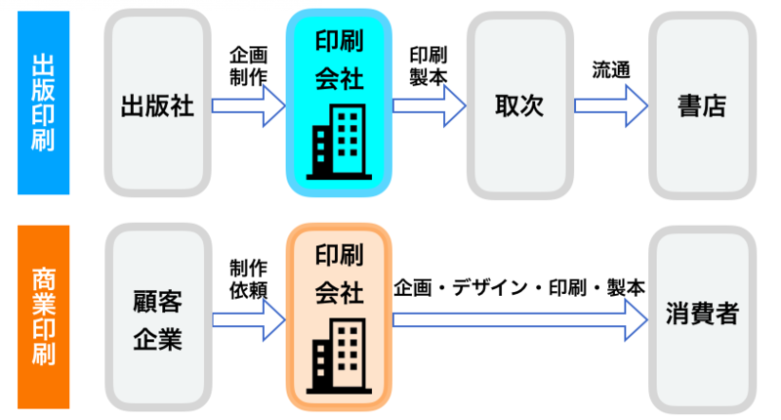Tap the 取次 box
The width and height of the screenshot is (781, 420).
click(x=518, y=105)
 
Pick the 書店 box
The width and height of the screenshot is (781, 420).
click(x=701, y=105)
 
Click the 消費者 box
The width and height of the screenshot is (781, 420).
click(x=701, y=315)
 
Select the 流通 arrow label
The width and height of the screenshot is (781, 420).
click(x=610, y=70)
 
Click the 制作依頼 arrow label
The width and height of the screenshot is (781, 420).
click(x=248, y=281)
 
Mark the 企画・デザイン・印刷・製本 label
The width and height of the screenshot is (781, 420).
click(x=519, y=289)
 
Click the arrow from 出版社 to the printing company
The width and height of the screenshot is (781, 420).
click(x=248, y=105)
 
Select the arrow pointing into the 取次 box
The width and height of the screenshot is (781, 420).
click(x=430, y=105)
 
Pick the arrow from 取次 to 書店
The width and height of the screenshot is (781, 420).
click(x=611, y=105)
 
